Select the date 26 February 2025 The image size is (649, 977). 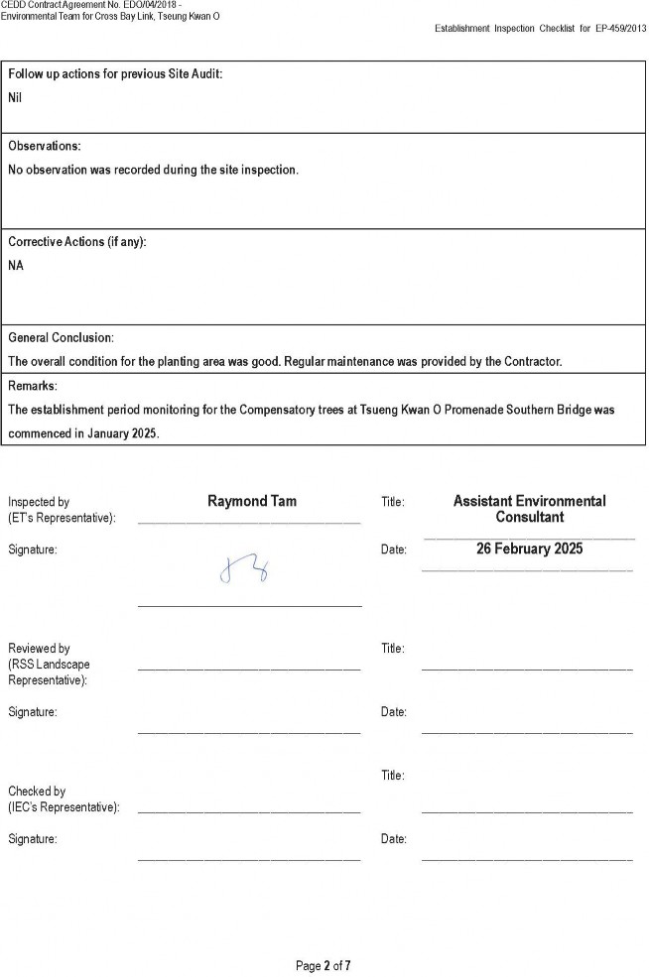(x=529, y=549)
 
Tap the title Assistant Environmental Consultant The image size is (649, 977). (x=529, y=509)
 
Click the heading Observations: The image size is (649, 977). (x=45, y=146)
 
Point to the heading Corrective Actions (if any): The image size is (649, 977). (x=77, y=242)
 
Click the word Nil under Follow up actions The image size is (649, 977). (x=15, y=97)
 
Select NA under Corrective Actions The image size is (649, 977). (x=16, y=266)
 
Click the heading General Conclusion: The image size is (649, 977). (x=62, y=337)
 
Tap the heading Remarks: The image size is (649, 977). (x=33, y=385)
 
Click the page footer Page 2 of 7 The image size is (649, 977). (x=324, y=965)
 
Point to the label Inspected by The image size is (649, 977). (x=39, y=502)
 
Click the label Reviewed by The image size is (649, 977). (x=39, y=649)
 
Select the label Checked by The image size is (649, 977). (x=37, y=792)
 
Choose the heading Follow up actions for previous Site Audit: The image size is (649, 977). (x=115, y=75)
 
